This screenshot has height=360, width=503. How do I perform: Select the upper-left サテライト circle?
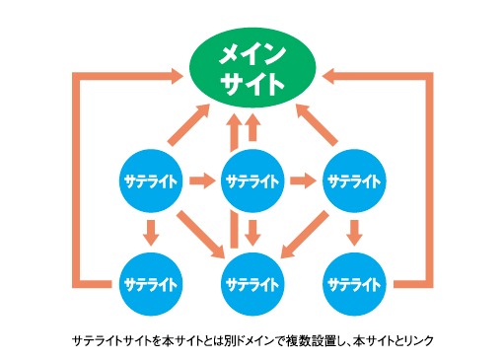[150, 181]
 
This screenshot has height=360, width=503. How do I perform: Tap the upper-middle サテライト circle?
[252, 181]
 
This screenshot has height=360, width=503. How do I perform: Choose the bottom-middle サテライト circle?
[252, 284]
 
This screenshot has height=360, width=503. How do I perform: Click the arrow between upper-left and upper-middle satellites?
[202, 181]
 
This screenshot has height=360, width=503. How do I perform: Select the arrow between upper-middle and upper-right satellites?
[305, 181]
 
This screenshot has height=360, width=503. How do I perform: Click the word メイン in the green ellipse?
[252, 51]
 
